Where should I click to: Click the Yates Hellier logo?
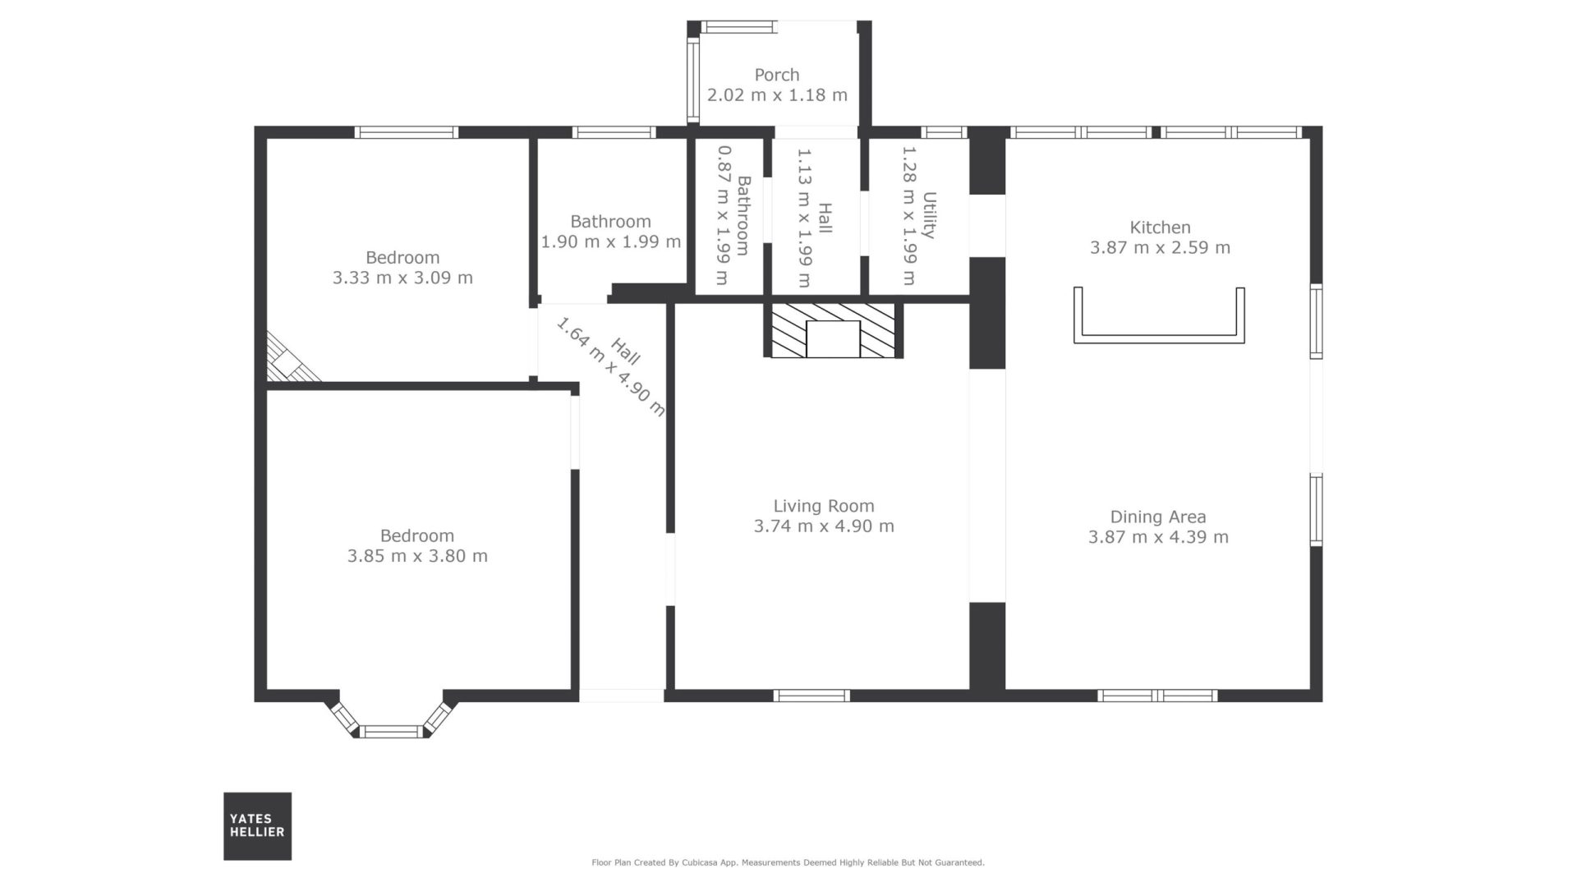pos(257,825)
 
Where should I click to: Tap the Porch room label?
pos(777,75)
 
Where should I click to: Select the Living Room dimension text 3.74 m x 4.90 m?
pos(824,526)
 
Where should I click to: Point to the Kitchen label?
pos(1160,227)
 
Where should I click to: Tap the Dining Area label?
pos(1158,517)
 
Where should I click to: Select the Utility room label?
pos(929,215)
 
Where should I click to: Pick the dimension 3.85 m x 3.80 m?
pos(417,556)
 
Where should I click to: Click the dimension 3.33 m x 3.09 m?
pos(402,278)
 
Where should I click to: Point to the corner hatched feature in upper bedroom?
pos(288,360)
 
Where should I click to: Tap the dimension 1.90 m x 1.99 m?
pos(610,241)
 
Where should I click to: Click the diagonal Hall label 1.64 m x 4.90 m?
pos(609,366)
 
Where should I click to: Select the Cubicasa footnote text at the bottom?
pos(788,862)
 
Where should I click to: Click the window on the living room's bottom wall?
pos(811,696)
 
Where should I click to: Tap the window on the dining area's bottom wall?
pos(1157,696)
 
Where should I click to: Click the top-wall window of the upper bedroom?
pos(407,132)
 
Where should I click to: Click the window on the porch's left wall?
pos(693,80)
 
